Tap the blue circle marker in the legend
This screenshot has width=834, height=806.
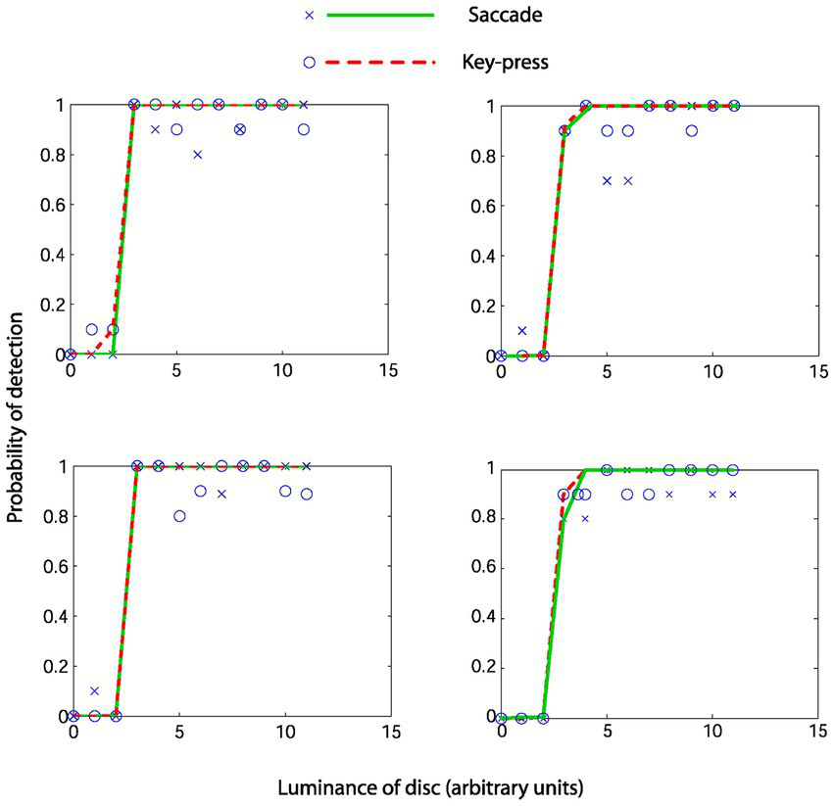coord(309,62)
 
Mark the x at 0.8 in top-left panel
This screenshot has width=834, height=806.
coord(198,155)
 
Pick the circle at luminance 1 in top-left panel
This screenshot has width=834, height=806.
coord(92,330)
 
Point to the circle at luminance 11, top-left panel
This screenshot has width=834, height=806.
coord(304,129)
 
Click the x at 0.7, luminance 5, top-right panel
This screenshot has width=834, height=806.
coord(607,180)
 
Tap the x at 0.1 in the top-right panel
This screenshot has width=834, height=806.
coord(522,330)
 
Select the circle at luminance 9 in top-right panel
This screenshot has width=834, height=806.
coord(692,130)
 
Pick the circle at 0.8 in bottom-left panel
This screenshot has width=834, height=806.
coord(179,516)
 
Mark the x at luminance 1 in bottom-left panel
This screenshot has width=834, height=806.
coord(94,691)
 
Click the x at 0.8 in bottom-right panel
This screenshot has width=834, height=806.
coord(585,518)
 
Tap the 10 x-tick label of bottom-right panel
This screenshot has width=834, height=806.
coord(712,734)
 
